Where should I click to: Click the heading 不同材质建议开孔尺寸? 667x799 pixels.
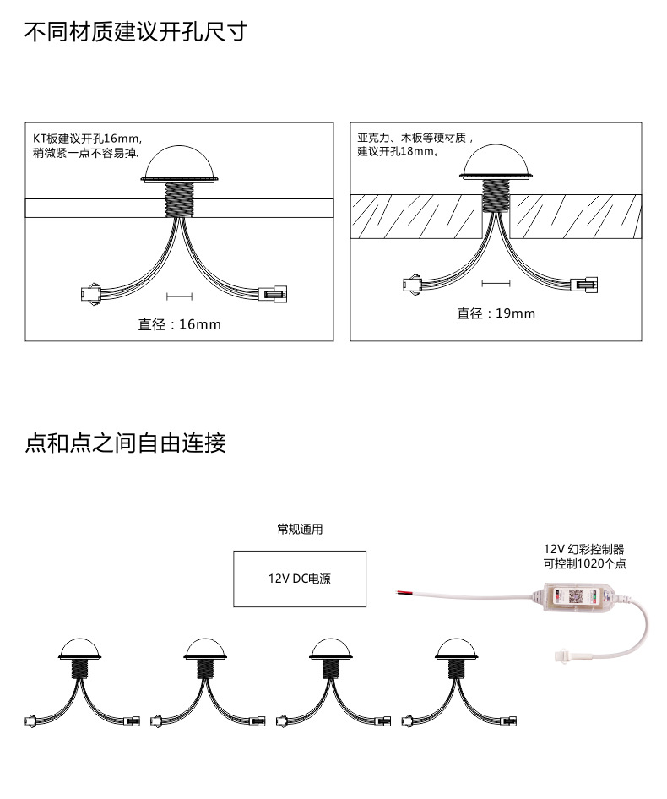[136, 31]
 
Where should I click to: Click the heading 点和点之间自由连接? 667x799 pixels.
[125, 443]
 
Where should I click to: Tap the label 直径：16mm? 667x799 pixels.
[179, 324]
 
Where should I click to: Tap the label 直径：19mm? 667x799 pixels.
[496, 313]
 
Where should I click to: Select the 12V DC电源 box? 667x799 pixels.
[300, 579]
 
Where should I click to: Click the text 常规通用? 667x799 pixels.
[300, 530]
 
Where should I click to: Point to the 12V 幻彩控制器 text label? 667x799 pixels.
[584, 549]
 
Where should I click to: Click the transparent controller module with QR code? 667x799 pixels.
[580, 596]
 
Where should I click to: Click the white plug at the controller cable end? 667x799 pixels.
[562, 655]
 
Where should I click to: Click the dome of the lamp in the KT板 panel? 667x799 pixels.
[179, 161]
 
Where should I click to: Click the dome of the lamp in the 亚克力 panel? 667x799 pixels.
[496, 159]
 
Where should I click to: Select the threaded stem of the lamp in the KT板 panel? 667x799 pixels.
[179, 199]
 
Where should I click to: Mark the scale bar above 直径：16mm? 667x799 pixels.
[179, 296]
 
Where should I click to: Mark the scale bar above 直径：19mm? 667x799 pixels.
[496, 283]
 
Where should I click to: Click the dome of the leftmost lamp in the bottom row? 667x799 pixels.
[79, 647]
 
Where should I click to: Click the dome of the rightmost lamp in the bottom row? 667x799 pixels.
[456, 647]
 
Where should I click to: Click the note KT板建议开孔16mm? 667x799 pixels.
[87, 138]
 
